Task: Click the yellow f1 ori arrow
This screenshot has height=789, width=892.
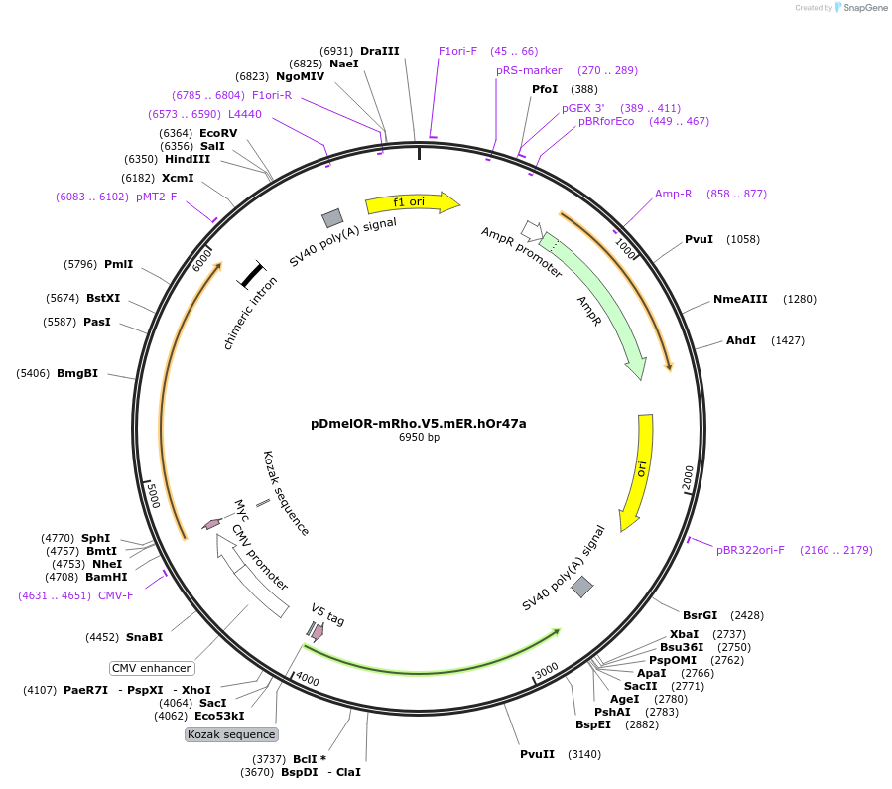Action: pyautogui.click(x=411, y=202)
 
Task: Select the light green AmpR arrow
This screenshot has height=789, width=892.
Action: pyautogui.click(x=595, y=303)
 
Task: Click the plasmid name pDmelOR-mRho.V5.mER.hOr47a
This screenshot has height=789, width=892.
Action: pyautogui.click(x=419, y=423)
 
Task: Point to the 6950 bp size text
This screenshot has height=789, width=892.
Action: pyautogui.click(x=419, y=437)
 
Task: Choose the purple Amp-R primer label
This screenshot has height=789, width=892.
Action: pyautogui.click(x=674, y=194)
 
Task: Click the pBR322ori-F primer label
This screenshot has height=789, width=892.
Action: pyautogui.click(x=750, y=550)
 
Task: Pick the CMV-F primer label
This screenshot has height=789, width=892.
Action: pyautogui.click(x=116, y=595)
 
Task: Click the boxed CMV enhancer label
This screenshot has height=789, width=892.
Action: pyautogui.click(x=151, y=668)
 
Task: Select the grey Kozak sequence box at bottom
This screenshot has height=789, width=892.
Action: pyautogui.click(x=231, y=734)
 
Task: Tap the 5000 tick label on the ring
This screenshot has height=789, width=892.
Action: pyautogui.click(x=152, y=494)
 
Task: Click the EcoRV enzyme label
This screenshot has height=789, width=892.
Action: pyautogui.click(x=218, y=133)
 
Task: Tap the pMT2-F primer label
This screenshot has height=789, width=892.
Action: pyautogui.click(x=157, y=197)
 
